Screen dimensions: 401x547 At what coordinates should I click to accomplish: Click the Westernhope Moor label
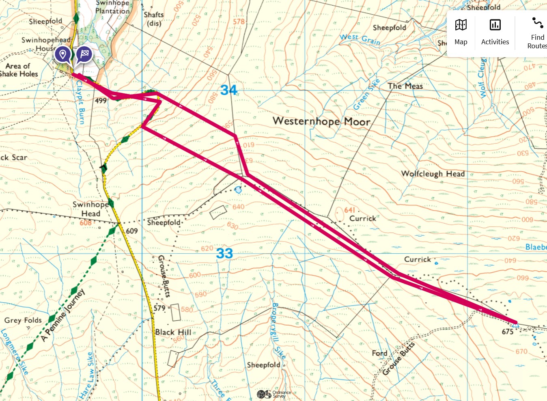pos(321,121)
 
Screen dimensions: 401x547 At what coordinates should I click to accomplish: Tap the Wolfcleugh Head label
pos(433,174)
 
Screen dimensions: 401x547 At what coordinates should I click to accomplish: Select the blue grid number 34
pos(228,90)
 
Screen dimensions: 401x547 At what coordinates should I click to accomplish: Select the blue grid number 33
pos(224,254)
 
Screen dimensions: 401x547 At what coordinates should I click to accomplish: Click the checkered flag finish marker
pos(84,54)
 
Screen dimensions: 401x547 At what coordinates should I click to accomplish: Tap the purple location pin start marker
pos(62,54)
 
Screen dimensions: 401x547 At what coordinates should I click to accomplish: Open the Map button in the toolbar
pos(461,32)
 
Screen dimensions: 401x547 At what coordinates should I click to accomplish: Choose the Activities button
pos(495,32)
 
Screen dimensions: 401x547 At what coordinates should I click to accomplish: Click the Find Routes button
pos(537,32)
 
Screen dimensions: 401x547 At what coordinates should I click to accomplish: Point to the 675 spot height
pos(508,332)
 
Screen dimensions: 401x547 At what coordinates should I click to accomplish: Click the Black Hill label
pos(173,332)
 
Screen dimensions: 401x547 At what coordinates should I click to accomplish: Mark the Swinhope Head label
pos(90,209)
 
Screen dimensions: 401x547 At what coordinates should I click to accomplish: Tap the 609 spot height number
pos(132,231)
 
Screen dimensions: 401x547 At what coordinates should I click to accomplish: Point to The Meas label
pos(405,86)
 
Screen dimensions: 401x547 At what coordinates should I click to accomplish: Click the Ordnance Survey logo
pos(274,394)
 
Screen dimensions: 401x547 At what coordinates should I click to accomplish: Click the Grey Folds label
pos(23,320)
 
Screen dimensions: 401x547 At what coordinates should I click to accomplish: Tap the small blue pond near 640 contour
pos(238,190)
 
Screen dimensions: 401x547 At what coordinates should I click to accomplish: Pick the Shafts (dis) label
pos(154,19)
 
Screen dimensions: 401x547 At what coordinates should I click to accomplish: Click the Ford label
pos(379,353)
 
